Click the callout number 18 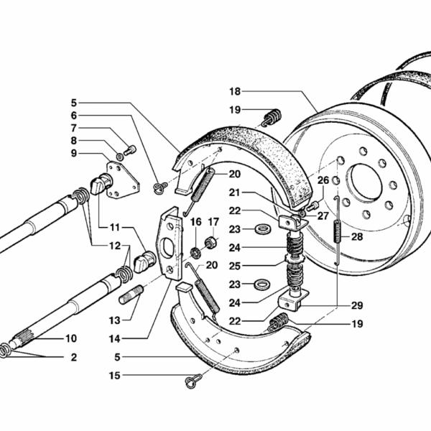click(x=235, y=91)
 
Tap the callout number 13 click(x=115, y=320)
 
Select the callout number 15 click(x=115, y=376)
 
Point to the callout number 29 click(x=357, y=305)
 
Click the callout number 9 click(x=74, y=153)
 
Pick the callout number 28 click(x=357, y=236)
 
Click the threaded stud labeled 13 click(x=131, y=295)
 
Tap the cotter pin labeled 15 click(x=193, y=381)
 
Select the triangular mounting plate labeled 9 click(x=123, y=180)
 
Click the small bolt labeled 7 click(x=130, y=150)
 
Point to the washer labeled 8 click(x=120, y=157)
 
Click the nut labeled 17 click(x=211, y=242)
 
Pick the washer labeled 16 click(x=195, y=253)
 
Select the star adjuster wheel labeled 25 click(x=294, y=258)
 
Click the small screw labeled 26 click(x=312, y=206)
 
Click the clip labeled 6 click(x=159, y=187)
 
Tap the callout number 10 click(x=71, y=338)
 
